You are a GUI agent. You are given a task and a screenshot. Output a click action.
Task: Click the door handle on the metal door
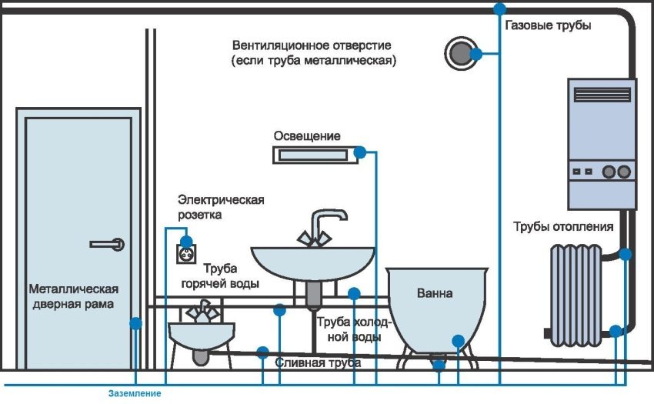point(107,244)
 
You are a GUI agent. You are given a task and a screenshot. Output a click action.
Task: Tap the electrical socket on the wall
point(185,252)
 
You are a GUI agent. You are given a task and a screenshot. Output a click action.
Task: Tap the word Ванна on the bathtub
point(435,293)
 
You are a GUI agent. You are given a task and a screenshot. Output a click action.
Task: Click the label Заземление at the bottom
point(135,394)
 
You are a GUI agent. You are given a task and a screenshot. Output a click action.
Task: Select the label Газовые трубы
point(548,25)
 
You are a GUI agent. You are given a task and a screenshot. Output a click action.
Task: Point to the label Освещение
point(307,136)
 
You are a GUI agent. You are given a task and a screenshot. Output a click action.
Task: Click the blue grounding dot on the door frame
point(135,324)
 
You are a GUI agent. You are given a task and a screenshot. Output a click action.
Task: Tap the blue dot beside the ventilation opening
point(476,54)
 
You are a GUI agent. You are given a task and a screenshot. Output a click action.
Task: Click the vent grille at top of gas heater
point(602,95)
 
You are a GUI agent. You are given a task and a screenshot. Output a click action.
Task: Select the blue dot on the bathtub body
point(459,339)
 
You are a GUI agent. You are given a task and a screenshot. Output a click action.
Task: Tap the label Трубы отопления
point(563,226)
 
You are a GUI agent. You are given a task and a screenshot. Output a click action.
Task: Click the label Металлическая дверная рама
point(73,296)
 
